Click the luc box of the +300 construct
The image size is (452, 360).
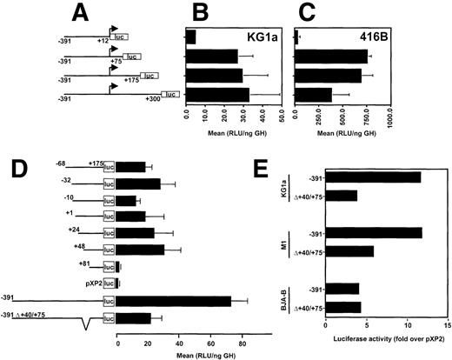(170, 94)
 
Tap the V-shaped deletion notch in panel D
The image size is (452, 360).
(84, 324)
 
